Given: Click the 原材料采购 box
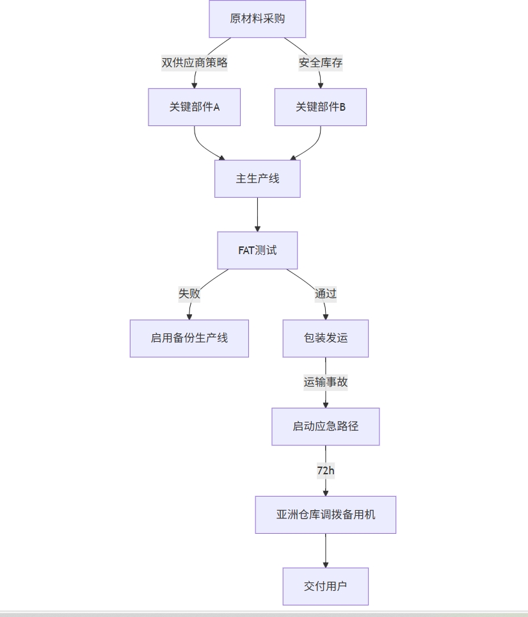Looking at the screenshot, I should point(257,19).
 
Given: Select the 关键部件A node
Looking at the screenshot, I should point(195,107).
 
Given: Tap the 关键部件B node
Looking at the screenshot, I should point(320,107).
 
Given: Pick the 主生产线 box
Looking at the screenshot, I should point(257,179).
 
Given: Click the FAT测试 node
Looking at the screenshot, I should point(257,250).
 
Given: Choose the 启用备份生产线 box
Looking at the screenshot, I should point(189,338).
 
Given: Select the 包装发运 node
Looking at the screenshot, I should point(326,338).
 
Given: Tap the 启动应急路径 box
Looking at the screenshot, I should point(326,426).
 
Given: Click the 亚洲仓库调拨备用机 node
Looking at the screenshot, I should point(326,515).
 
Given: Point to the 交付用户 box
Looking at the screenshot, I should point(326,586).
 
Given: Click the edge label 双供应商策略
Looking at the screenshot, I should point(195,63).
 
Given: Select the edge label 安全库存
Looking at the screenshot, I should point(320,63).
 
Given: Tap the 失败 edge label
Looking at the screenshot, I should point(189,294).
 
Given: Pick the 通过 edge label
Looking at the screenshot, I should point(325,294).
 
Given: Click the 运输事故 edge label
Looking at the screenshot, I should point(326,382).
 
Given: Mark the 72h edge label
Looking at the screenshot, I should point(326,470).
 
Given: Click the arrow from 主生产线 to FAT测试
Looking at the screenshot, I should point(257,214).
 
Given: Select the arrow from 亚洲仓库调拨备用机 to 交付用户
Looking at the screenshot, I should point(326,550).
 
